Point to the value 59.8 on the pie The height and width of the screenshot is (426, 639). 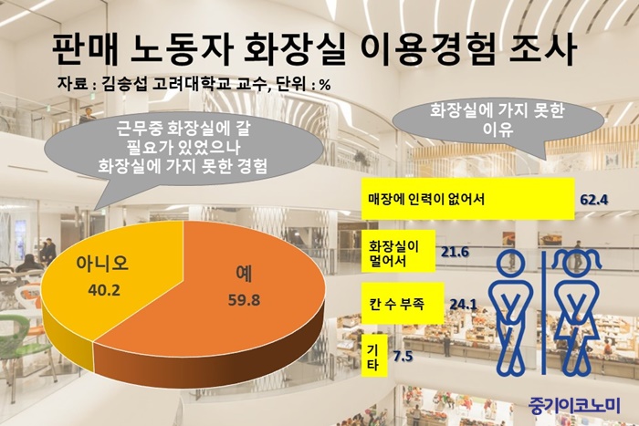[x=244, y=300]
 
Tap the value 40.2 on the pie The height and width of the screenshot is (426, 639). [x=104, y=290]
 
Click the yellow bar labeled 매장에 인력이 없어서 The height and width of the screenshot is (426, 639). [x=467, y=199]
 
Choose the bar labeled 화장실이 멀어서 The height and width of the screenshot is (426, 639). [x=399, y=251]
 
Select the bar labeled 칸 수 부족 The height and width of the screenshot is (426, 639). [x=403, y=304]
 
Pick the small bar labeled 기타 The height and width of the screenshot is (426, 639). [x=374, y=356]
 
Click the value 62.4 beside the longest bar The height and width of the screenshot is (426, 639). [x=594, y=200]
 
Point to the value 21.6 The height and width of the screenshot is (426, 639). [x=455, y=252]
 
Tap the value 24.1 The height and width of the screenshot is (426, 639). [x=464, y=305]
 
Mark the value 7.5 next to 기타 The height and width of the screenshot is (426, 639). [x=403, y=357]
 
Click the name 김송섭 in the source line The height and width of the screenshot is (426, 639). [x=124, y=84]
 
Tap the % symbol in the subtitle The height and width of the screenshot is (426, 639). [x=325, y=85]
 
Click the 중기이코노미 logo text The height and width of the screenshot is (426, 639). [x=574, y=406]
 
